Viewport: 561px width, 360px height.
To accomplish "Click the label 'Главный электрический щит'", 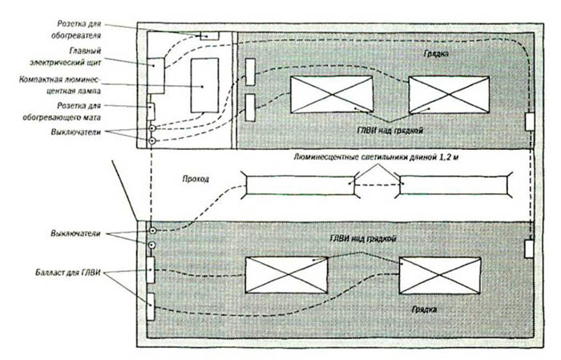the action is pyautogui.click(x=66, y=57).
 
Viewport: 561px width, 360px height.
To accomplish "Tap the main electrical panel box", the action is pyautogui.click(x=156, y=75).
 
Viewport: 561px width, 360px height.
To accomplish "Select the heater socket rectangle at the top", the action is pyautogui.click(x=209, y=35).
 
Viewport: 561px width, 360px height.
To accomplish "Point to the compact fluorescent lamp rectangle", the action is pyautogui.click(x=204, y=86).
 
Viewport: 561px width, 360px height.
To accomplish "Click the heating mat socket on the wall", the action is pyautogui.click(x=151, y=111).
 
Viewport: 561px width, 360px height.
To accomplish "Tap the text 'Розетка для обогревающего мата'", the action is pyautogui.click(x=62, y=111).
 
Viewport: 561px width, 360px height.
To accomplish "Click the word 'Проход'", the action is pyautogui.click(x=196, y=179).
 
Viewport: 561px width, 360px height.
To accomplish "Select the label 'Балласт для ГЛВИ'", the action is pyautogui.click(x=68, y=273).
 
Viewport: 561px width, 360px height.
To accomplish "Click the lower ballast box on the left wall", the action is pyautogui.click(x=151, y=306).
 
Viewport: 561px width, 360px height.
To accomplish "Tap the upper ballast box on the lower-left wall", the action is pyautogui.click(x=151, y=270).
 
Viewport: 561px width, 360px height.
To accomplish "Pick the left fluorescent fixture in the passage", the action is pyautogui.click(x=301, y=185).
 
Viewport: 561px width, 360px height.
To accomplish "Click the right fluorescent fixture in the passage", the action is pyautogui.click(x=454, y=185).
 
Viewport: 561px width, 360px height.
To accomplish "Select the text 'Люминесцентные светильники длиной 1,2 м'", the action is pyautogui.click(x=376, y=157).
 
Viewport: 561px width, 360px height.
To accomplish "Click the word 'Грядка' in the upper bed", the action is pyautogui.click(x=436, y=54).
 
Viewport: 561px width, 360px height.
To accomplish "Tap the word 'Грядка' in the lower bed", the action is pyautogui.click(x=424, y=309).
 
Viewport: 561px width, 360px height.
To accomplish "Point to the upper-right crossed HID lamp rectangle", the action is pyautogui.click(x=449, y=95).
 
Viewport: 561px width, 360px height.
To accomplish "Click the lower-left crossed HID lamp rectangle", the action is pyautogui.click(x=286, y=275).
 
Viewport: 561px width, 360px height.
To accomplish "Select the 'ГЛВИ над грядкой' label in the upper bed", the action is pyautogui.click(x=390, y=131).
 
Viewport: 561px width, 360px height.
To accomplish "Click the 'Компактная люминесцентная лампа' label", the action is pyautogui.click(x=60, y=85).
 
